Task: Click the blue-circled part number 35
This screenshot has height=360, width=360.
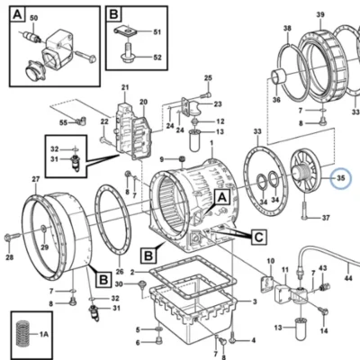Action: tap(341, 178)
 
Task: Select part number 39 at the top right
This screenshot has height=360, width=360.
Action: tap(320, 14)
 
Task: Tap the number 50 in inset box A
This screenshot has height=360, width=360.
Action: tap(34, 18)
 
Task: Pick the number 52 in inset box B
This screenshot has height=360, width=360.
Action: tap(157, 57)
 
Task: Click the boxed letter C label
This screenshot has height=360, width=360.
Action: tap(258, 238)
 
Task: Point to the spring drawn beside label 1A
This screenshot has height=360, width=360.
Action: tap(22, 334)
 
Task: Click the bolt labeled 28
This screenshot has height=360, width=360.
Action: tap(12, 237)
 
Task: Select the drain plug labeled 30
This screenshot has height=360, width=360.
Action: tap(141, 285)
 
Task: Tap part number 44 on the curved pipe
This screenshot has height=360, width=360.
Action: tap(348, 278)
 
